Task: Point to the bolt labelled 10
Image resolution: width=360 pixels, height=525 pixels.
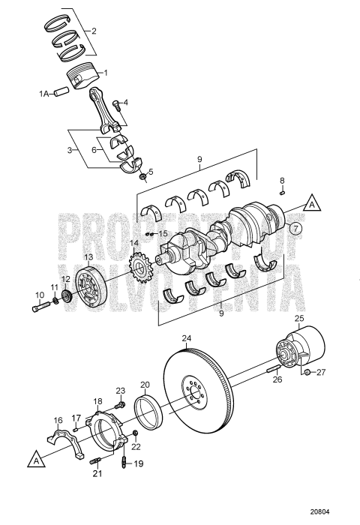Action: pos(40,307)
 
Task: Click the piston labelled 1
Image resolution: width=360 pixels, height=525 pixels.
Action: pos(82,78)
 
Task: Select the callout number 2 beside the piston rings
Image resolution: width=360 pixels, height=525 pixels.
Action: pos(94,31)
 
